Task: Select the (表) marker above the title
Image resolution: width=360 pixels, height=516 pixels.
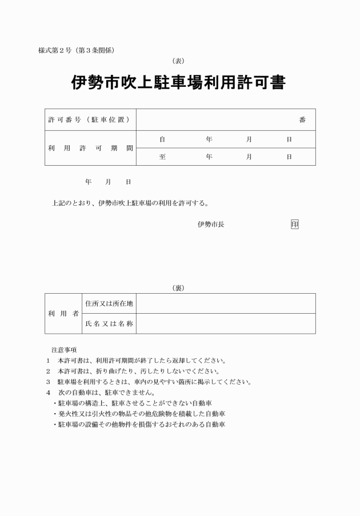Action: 178,61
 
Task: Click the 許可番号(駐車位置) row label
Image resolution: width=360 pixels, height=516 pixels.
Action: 88,120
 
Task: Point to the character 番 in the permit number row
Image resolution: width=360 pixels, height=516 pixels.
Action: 302,120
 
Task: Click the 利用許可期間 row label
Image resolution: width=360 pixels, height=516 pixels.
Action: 90,148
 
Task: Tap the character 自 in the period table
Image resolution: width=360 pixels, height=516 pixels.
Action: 162,139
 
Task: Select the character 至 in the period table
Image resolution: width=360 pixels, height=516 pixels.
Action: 162,157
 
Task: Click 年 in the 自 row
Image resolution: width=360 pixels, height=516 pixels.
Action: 209,139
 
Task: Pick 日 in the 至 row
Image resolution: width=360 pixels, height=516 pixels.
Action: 289,157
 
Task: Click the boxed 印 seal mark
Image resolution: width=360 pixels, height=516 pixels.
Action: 294,224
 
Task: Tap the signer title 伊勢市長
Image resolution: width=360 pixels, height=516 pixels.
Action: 211,224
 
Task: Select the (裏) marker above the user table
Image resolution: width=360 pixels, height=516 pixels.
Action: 178,288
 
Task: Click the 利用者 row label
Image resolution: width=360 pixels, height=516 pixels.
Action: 63,314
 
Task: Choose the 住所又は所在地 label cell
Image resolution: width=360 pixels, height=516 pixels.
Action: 109,303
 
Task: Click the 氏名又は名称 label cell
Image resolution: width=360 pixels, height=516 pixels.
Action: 109,324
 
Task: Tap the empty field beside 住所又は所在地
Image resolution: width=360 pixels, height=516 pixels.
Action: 226,303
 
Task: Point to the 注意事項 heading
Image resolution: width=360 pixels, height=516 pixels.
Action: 64,349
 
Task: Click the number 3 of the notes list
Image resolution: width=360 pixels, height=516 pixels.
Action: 48,382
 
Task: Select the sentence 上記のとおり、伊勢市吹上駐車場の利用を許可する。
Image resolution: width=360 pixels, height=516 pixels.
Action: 130,202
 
